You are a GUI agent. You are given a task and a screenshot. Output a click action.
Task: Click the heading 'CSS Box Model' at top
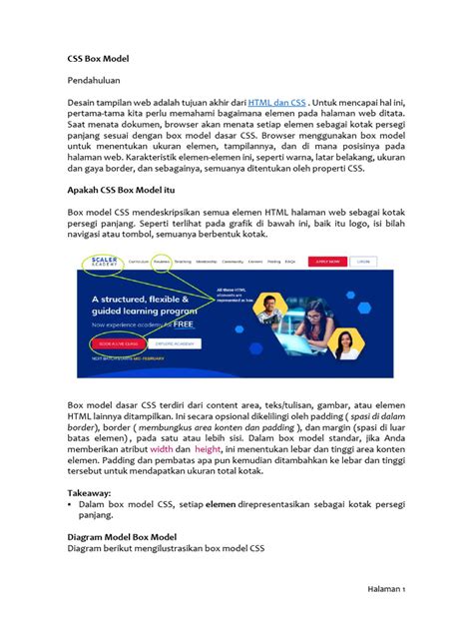point(98,59)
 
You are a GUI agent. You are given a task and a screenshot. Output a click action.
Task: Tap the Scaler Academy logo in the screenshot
point(104,262)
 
